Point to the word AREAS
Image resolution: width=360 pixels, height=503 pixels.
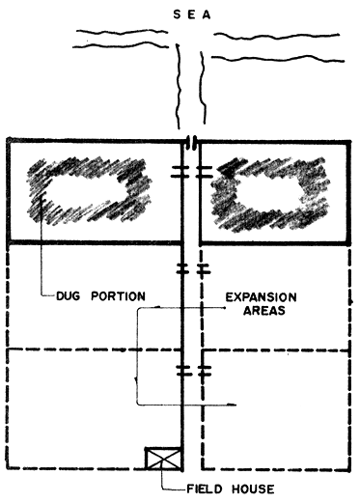[x=255, y=313]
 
